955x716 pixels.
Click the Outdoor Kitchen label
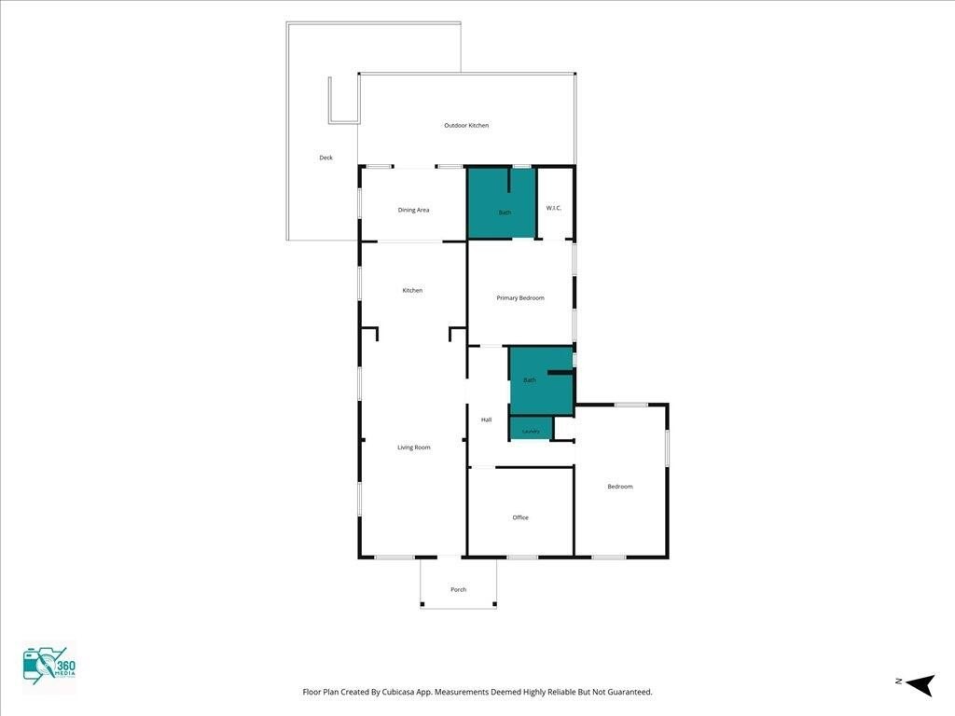tap(466, 126)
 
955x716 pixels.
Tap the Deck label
tap(325, 158)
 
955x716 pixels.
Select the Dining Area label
tap(413, 210)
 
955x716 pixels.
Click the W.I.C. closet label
tap(554, 208)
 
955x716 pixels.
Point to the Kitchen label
tap(412, 291)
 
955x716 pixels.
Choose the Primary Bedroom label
tap(520, 297)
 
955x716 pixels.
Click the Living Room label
tap(413, 447)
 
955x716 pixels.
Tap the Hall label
tap(486, 420)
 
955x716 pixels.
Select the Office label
tap(520, 517)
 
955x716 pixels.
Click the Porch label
tap(458, 589)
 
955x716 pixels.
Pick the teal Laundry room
tap(531, 427)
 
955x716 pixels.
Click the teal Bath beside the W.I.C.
tap(501, 203)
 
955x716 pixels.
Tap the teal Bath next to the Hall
tap(542, 381)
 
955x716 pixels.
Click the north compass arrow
tap(920, 684)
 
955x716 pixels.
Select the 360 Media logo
tap(49, 668)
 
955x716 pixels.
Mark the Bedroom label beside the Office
tap(620, 487)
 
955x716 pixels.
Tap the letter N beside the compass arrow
tap(898, 682)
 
